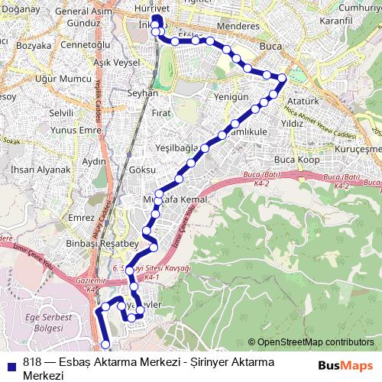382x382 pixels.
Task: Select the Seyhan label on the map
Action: pyautogui.click(x=144, y=92)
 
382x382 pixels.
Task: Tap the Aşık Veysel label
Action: pyautogui.click(x=114, y=61)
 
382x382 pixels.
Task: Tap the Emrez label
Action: pyautogui.click(x=81, y=218)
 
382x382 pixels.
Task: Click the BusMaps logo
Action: pyautogui.click(x=345, y=365)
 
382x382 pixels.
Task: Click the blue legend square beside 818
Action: pyautogui.click(x=12, y=363)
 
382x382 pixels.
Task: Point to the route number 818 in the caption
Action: pyautogui.click(x=32, y=363)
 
